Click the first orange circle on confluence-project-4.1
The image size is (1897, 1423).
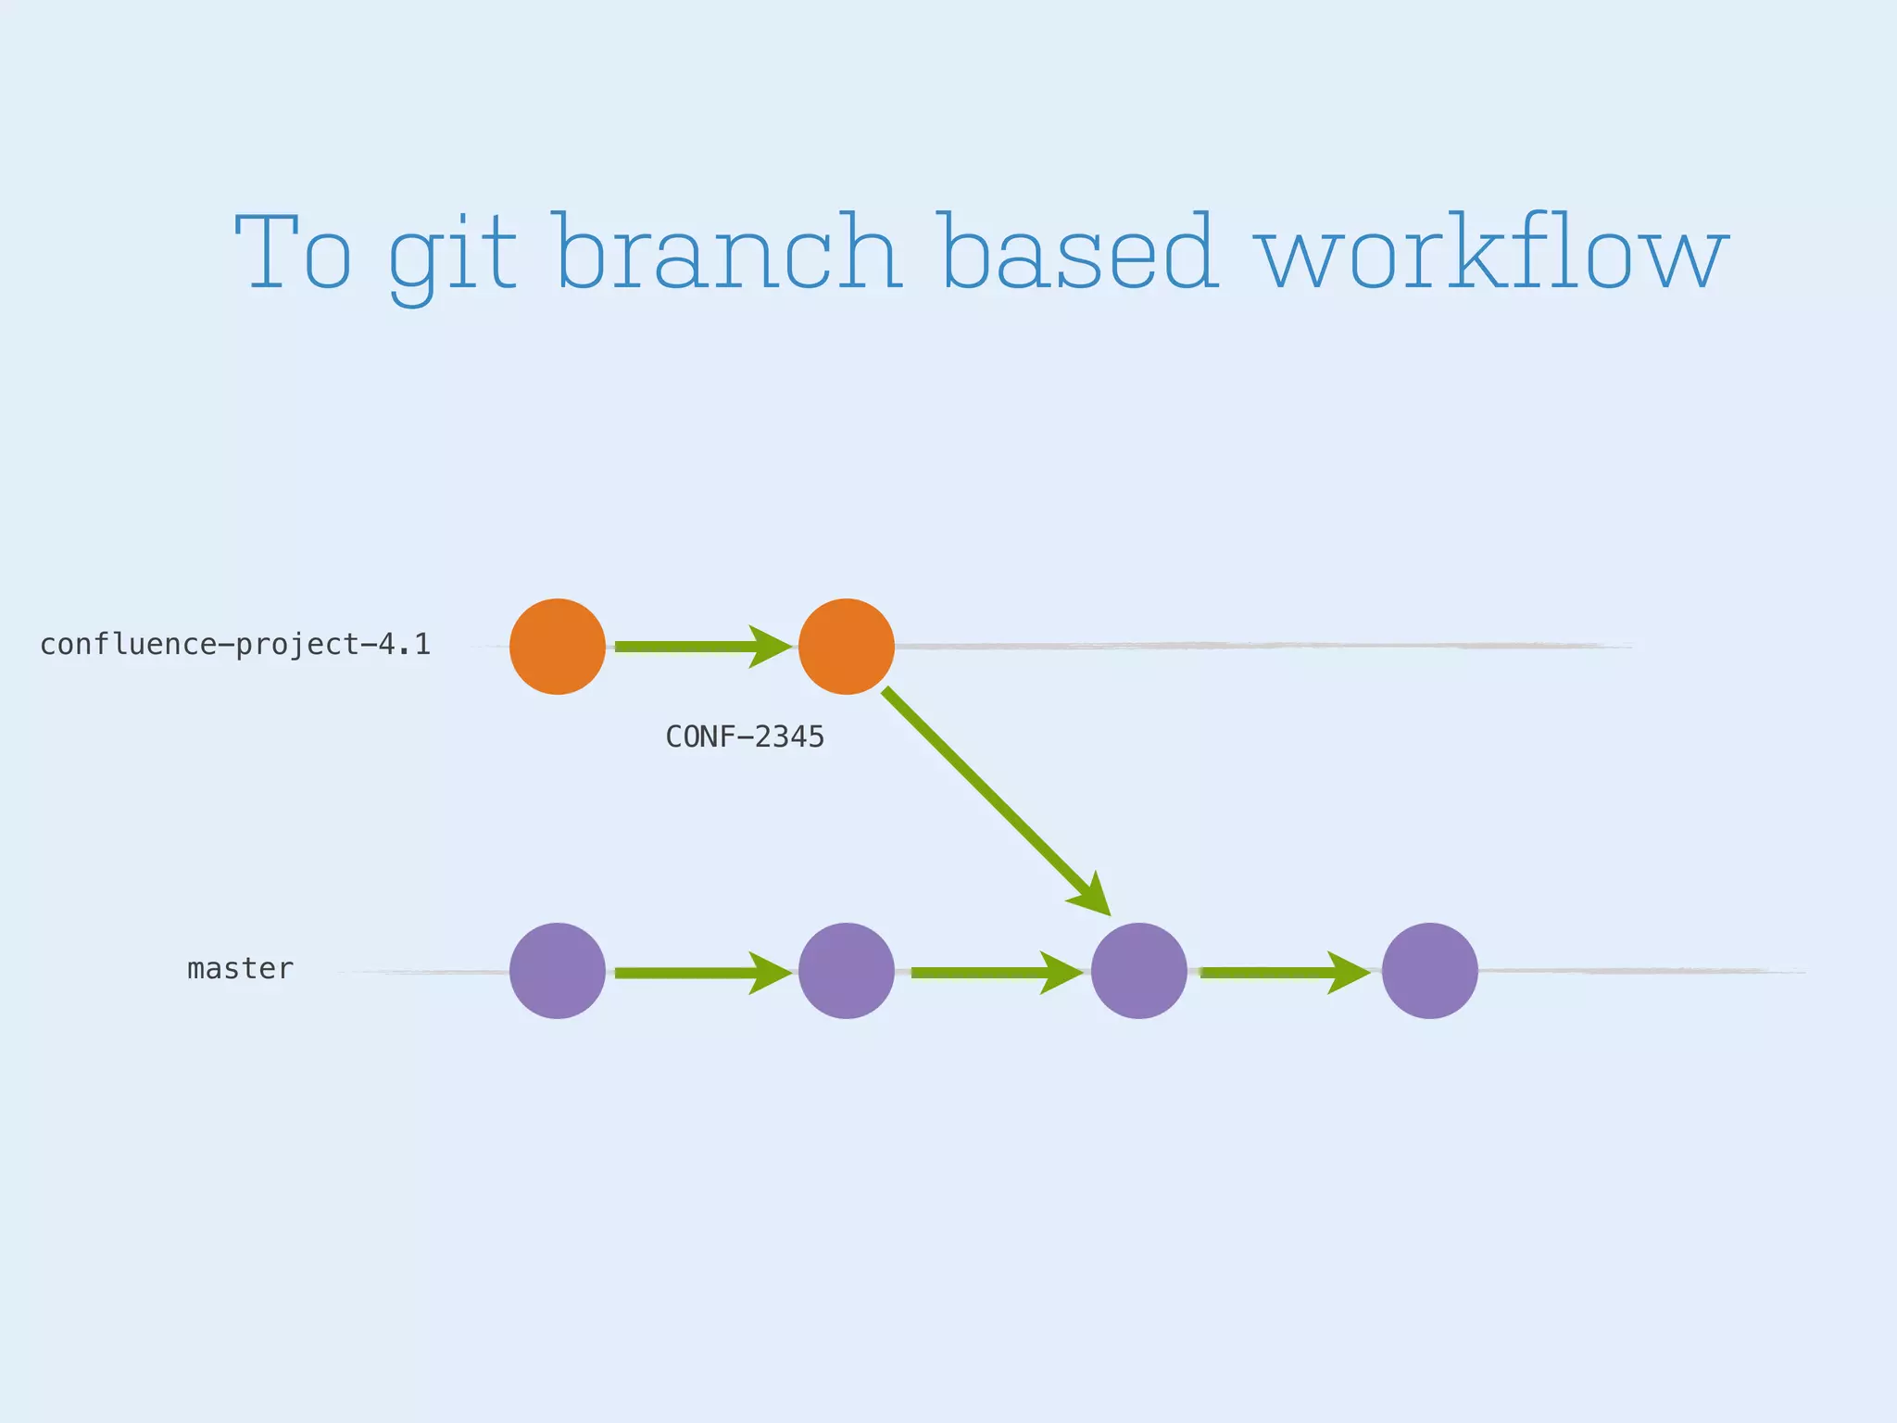[558, 647]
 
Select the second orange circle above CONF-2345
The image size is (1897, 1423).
[846, 647]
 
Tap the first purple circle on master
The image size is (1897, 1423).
[558, 971]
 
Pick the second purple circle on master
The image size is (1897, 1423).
[846, 971]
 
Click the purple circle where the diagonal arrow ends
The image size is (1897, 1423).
[1138, 971]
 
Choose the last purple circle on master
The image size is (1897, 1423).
[1429, 971]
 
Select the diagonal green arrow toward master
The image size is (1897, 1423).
[991, 797]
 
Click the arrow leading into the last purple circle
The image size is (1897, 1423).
[1283, 973]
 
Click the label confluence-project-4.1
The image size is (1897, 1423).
[235, 645]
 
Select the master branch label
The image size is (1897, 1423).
[240, 969]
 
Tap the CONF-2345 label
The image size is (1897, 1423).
[745, 737]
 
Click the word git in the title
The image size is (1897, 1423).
[451, 255]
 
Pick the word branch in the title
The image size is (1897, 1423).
[727, 252]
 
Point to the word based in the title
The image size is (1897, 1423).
[1076, 252]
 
